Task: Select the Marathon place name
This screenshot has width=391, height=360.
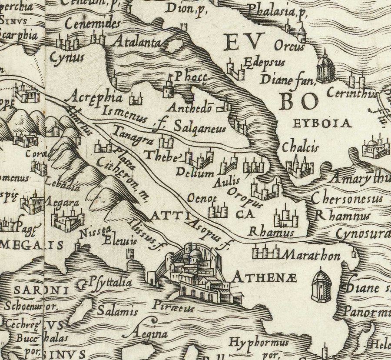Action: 310,255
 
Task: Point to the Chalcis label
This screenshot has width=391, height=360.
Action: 300,148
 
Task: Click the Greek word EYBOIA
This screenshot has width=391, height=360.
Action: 322,123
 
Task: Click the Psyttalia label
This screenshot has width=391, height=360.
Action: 110,283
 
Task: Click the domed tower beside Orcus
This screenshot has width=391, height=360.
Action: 325,67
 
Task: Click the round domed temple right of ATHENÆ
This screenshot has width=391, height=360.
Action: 321,285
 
